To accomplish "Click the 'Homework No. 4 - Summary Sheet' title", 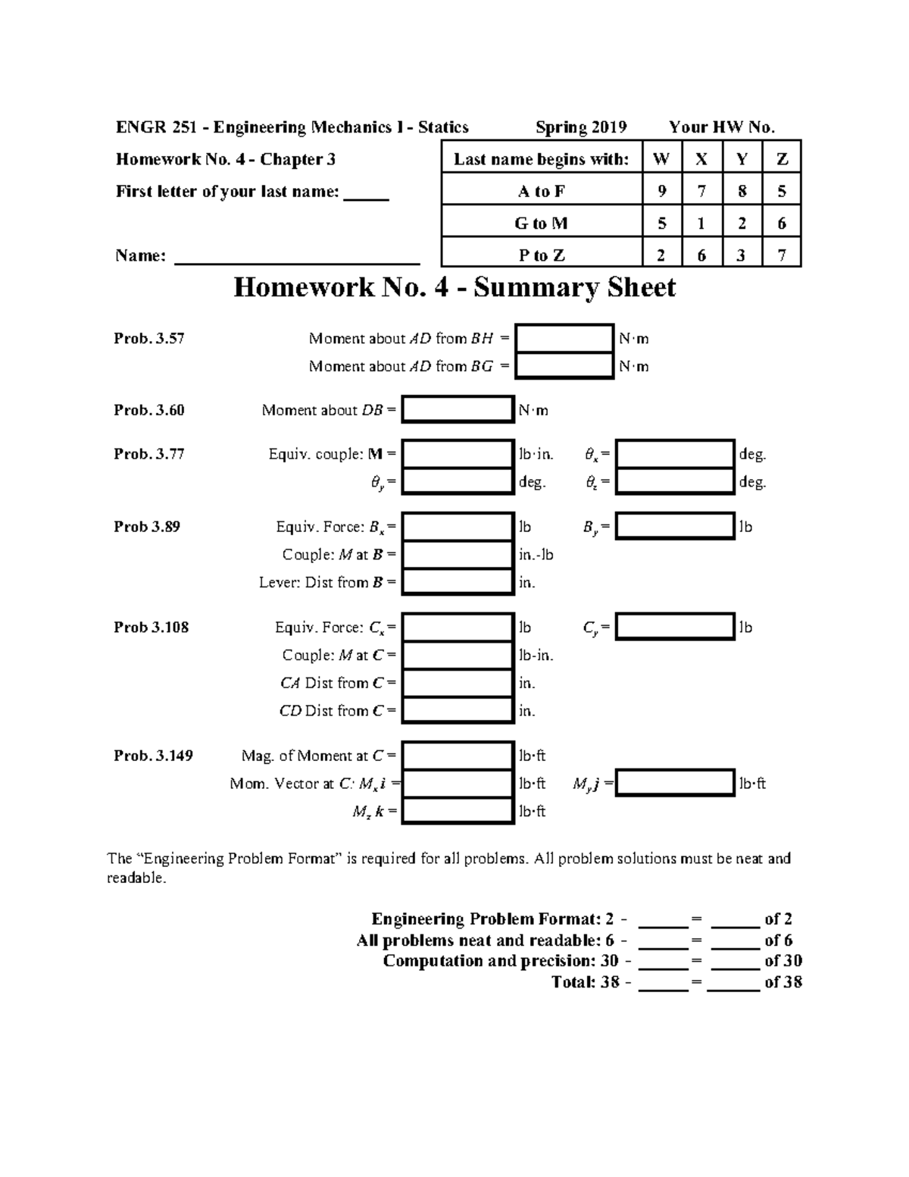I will point(454,288).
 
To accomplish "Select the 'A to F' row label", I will point(541,191).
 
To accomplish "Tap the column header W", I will point(661,159).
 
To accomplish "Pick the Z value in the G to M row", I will point(782,223).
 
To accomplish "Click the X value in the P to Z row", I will point(701,255).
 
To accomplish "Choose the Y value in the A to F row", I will point(742,191).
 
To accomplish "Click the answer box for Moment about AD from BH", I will point(564,339).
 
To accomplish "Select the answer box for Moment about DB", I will point(458,410).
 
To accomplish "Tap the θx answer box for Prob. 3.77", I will point(674,454).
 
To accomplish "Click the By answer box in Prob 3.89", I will point(674,527).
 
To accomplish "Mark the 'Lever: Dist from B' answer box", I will point(458,582).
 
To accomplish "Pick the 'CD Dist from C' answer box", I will point(458,710).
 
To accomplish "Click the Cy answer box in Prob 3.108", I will point(674,628).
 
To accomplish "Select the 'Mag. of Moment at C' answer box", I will point(458,756).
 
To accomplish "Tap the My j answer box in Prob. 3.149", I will point(674,784).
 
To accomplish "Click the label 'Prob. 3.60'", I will point(149,410).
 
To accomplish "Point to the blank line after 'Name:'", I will point(297,258).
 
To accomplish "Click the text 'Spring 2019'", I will point(581,127).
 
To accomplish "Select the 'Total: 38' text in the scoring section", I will point(585,982).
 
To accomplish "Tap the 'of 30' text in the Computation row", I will point(783,961).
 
